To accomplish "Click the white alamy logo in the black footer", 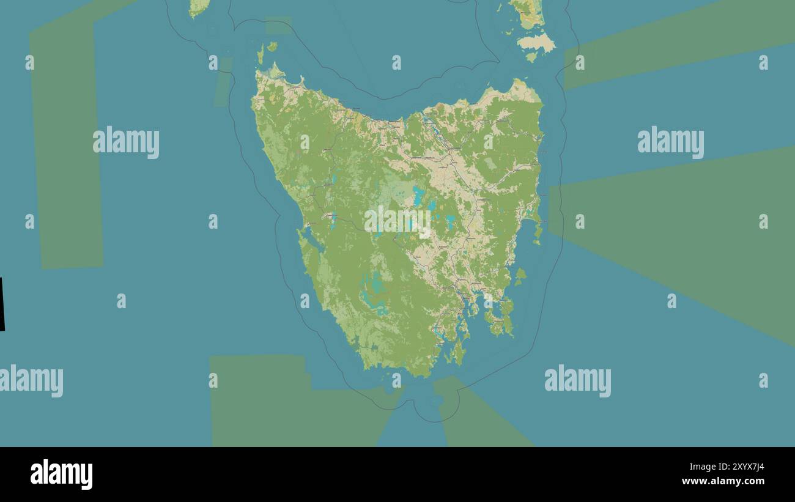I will [x=61, y=474].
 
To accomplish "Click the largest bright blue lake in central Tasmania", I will [x=418, y=196].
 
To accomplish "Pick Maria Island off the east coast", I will [x=520, y=276].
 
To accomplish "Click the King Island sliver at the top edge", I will [x=198, y=7].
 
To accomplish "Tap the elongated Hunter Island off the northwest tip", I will [x=261, y=55].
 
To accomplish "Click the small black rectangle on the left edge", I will [x=2, y=304].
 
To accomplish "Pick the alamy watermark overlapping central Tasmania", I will [x=398, y=221].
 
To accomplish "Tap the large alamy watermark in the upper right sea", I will [x=670, y=142].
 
